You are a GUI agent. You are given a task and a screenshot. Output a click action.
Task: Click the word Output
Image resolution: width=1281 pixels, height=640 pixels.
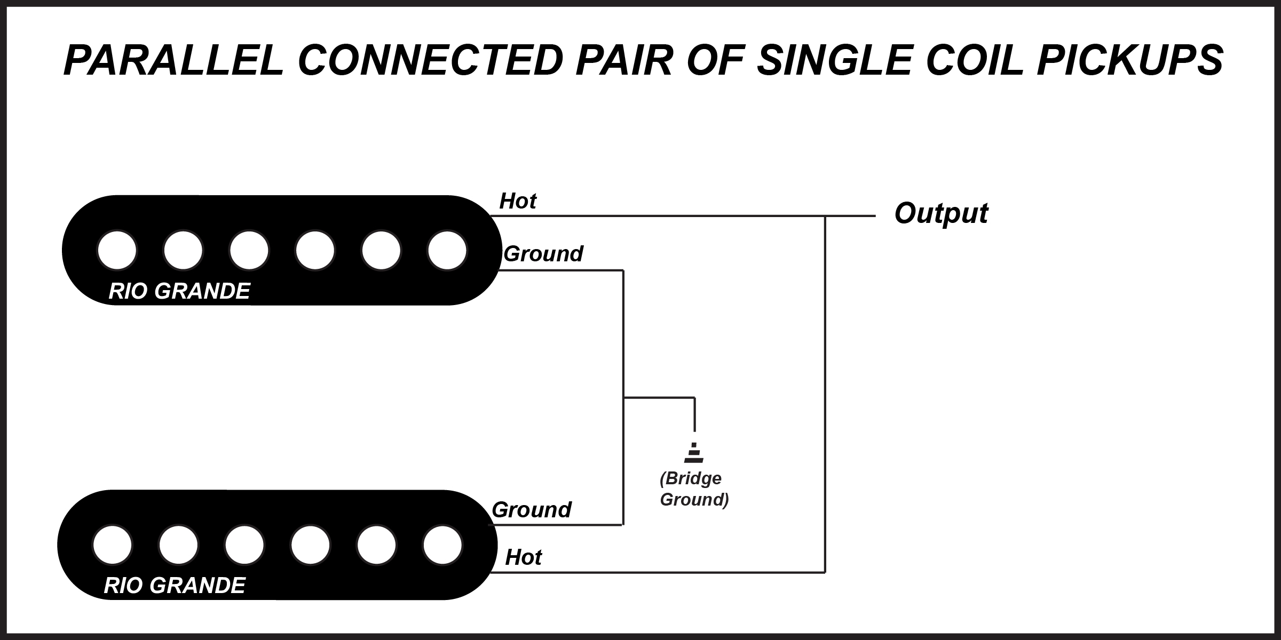pyautogui.click(x=941, y=213)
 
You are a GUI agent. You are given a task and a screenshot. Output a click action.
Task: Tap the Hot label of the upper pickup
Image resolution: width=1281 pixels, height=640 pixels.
pyautogui.click(x=517, y=202)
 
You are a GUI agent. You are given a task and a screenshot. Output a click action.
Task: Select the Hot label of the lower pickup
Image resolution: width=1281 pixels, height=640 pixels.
pyautogui.click(x=523, y=557)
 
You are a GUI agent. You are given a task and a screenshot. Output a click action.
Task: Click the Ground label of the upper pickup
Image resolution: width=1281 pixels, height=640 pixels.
pyautogui.click(x=543, y=254)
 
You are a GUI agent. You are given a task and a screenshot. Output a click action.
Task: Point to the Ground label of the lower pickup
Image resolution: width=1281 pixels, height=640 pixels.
pyautogui.click(x=531, y=510)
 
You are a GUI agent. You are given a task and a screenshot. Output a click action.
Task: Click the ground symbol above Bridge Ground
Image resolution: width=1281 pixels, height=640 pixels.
pyautogui.click(x=694, y=453)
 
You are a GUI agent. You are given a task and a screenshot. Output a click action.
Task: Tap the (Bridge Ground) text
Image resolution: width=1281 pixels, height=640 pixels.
pyautogui.click(x=694, y=489)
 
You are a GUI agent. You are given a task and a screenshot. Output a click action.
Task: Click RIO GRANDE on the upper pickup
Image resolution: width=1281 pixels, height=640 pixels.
pyautogui.click(x=179, y=291)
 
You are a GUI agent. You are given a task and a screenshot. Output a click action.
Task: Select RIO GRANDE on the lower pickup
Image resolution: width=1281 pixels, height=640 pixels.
pyautogui.click(x=175, y=586)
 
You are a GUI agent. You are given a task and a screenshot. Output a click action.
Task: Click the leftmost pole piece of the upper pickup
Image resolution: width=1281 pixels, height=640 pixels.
pyautogui.click(x=117, y=250)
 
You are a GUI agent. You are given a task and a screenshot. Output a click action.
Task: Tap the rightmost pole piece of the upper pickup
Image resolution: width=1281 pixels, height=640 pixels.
pyautogui.click(x=447, y=250)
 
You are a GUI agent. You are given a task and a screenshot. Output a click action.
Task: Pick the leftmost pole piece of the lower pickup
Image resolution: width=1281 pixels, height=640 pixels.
pyautogui.click(x=113, y=545)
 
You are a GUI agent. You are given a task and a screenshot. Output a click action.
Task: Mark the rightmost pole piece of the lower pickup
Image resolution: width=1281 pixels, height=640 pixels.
pyautogui.click(x=442, y=545)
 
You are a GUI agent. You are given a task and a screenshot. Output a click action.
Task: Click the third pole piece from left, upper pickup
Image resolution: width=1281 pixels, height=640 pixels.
pyautogui.click(x=249, y=250)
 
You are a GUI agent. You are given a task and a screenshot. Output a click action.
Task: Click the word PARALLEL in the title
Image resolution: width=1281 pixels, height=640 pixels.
pyautogui.click(x=173, y=60)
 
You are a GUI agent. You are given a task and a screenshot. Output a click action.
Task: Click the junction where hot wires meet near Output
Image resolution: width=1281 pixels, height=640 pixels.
pyautogui.click(x=825, y=216)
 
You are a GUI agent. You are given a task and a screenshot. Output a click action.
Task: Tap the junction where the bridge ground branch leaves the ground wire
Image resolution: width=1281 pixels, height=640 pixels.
pyautogui.click(x=623, y=397)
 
